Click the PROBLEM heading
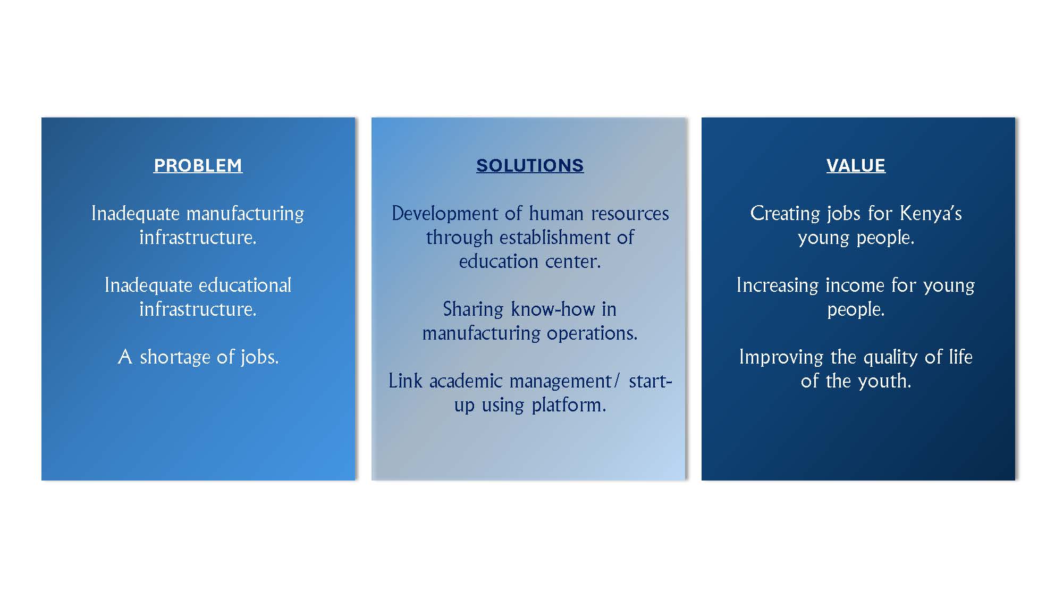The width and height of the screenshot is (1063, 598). tap(198, 165)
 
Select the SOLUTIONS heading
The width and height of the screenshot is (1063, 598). tap(530, 165)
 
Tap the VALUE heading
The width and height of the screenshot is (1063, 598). tap(856, 165)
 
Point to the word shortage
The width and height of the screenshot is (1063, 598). tap(175, 357)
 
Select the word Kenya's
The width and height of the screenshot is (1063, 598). tap(931, 214)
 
